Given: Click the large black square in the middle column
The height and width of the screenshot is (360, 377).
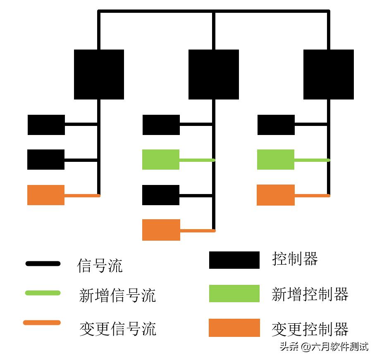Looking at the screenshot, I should (x=213, y=74).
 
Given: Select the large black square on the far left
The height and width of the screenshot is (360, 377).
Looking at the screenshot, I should (x=99, y=74).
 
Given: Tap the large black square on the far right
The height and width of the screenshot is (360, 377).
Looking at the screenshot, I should (x=328, y=74).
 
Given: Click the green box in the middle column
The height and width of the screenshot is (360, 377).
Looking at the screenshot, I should (x=161, y=159).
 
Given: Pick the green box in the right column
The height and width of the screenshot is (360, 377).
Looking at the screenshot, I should (x=276, y=159).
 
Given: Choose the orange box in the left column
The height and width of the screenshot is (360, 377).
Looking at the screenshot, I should (x=46, y=195).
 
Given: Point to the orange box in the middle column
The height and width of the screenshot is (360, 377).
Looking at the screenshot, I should (x=161, y=230).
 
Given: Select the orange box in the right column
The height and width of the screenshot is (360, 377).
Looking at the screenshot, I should (x=276, y=195).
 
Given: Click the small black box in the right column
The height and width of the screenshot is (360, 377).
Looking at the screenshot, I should (x=276, y=125).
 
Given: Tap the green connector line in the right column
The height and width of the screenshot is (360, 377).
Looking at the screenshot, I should (x=312, y=160).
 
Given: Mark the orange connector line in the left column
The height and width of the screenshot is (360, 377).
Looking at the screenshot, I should (x=82, y=195).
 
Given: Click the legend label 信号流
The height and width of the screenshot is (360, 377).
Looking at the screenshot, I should (x=100, y=265).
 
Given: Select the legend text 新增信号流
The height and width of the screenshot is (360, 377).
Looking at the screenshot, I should (x=117, y=296).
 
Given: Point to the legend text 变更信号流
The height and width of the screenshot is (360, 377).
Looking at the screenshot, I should (x=117, y=329).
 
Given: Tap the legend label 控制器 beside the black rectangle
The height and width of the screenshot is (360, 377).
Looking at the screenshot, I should (x=295, y=259).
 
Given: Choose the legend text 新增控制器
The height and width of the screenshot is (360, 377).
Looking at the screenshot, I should (x=310, y=294).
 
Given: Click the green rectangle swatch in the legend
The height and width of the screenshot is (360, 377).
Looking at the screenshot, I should (x=234, y=293).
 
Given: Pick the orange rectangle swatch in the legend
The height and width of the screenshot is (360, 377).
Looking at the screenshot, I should (x=234, y=327).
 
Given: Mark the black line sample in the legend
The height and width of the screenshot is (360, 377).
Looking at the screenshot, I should (x=43, y=263).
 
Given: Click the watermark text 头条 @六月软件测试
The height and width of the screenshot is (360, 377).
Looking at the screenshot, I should (x=324, y=346).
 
